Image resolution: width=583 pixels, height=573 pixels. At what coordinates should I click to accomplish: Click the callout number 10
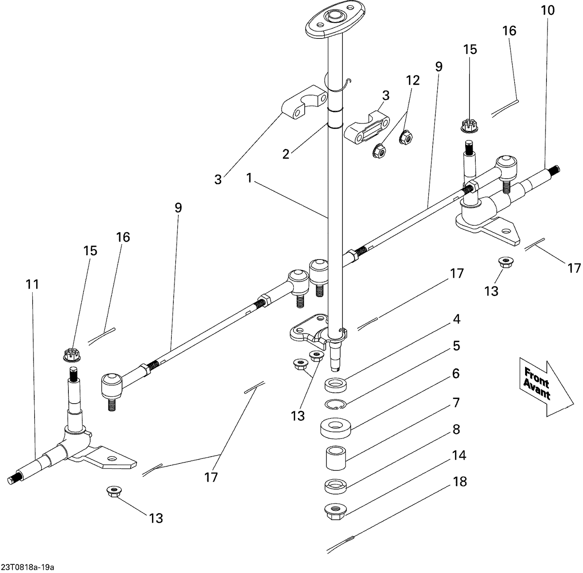pyautogui.click(x=548, y=10)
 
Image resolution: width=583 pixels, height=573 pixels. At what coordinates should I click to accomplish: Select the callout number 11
pyautogui.click(x=33, y=285)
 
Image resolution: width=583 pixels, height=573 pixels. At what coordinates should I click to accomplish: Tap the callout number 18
pyautogui.click(x=460, y=482)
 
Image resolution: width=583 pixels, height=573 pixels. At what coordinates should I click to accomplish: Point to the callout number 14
pyautogui.click(x=459, y=455)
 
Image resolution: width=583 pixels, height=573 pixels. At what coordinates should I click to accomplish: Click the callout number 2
pyautogui.click(x=286, y=154)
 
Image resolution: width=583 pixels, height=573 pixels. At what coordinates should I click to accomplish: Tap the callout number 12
pyautogui.click(x=413, y=80)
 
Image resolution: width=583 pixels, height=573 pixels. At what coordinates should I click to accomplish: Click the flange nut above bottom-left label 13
pyautogui.click(x=112, y=491)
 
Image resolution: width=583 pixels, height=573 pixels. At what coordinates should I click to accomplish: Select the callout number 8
pyautogui.click(x=456, y=429)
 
